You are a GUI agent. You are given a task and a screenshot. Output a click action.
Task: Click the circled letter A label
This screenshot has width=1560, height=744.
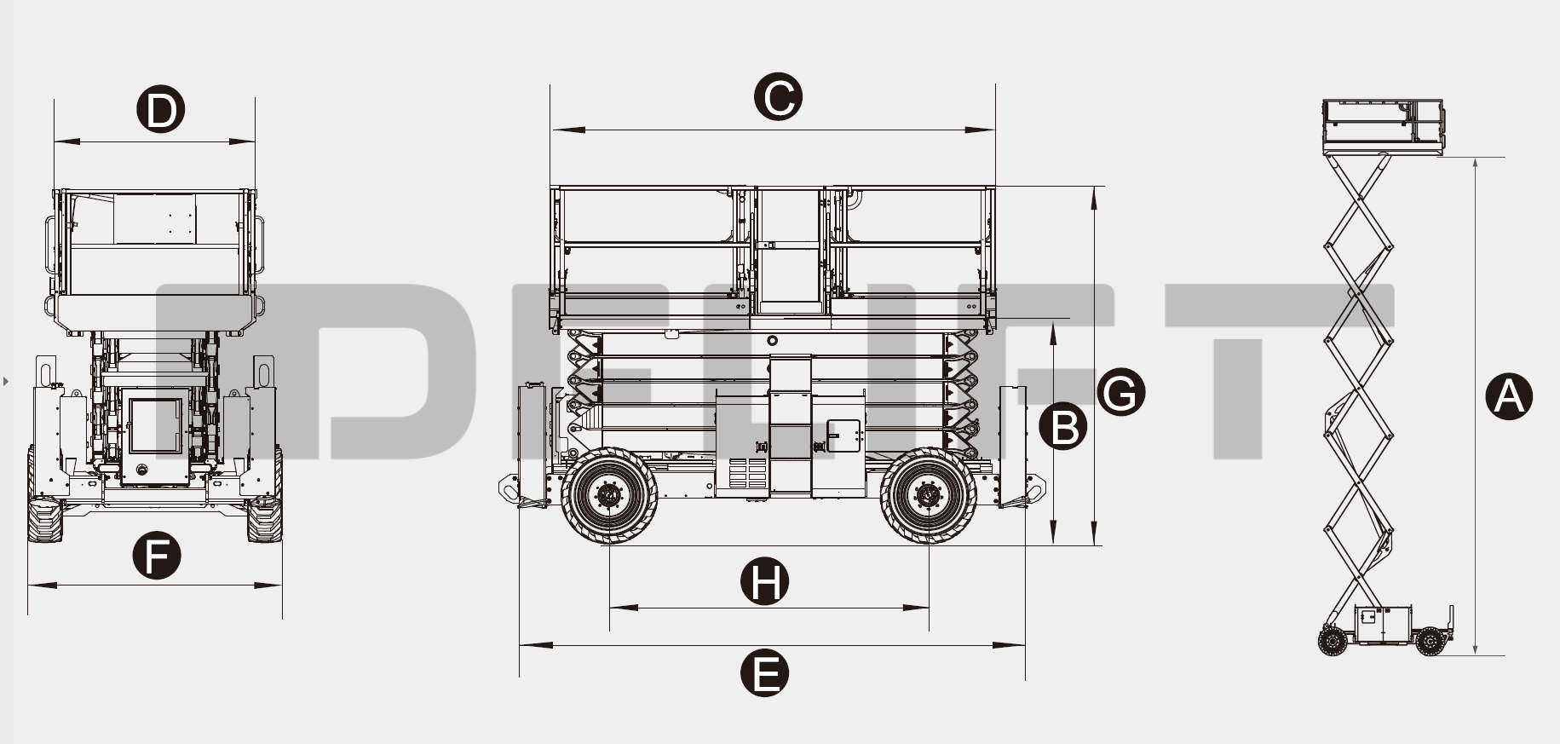[x=1508, y=396]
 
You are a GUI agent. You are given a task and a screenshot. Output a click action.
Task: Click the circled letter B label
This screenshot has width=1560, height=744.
[x=1063, y=426]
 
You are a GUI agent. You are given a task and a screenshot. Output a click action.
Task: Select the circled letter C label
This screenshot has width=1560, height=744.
[x=778, y=96]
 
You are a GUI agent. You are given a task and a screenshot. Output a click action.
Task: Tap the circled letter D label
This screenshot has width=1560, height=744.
[x=161, y=110]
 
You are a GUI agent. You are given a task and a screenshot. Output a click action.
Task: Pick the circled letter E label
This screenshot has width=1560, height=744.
[x=764, y=673]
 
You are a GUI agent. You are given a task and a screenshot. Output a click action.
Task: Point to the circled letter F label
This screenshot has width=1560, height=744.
[x=157, y=556]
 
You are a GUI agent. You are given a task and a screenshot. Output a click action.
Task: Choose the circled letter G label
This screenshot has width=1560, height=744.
[x=1120, y=392]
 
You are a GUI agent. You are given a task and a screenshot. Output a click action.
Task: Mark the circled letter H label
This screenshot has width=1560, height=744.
[x=764, y=582]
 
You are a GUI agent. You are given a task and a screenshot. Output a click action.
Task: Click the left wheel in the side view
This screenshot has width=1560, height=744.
[x=609, y=495]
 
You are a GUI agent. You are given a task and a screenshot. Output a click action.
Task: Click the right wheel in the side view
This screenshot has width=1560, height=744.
[x=929, y=495]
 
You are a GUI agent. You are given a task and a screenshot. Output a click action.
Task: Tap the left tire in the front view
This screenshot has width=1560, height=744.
[x=44, y=518]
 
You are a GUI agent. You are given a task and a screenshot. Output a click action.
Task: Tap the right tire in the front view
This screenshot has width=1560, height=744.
[x=264, y=518]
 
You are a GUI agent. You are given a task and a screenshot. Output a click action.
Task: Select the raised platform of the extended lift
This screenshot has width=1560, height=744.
[x=1383, y=125]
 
